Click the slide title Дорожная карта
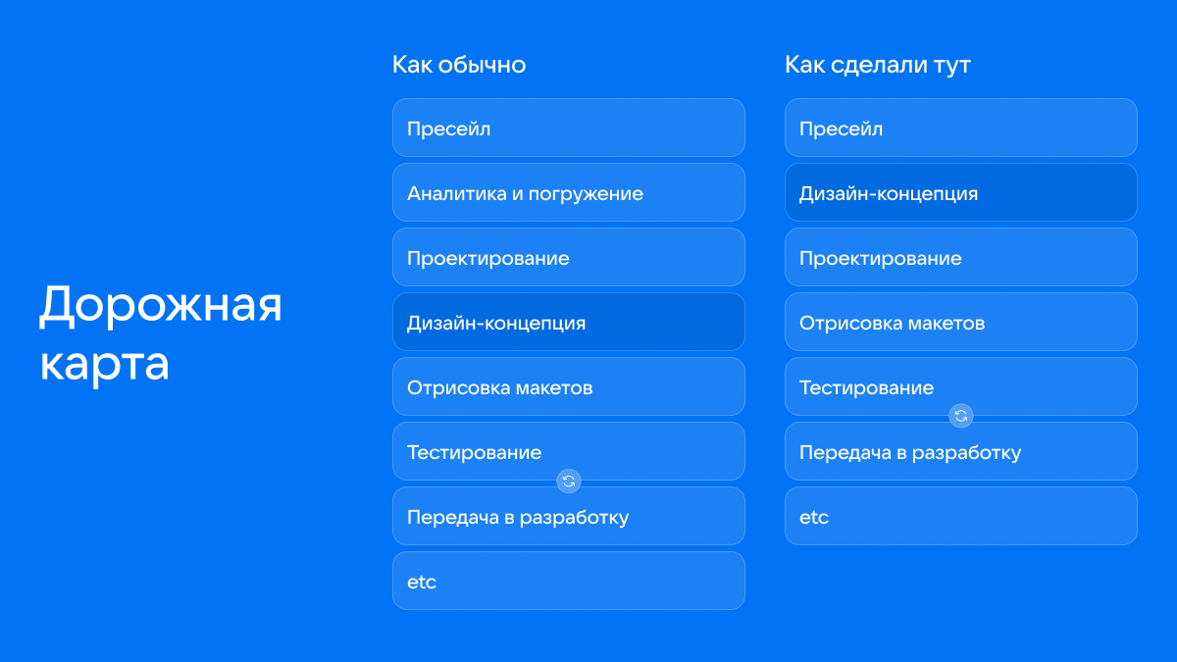(161, 333)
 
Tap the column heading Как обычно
(459, 65)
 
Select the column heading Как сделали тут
(878, 65)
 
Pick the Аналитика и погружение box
(569, 192)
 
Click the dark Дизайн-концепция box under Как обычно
(569, 322)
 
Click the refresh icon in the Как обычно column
(569, 481)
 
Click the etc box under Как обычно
(569, 581)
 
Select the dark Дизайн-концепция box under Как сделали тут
(961, 192)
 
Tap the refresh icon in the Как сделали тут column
(961, 416)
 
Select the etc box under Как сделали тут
(961, 516)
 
